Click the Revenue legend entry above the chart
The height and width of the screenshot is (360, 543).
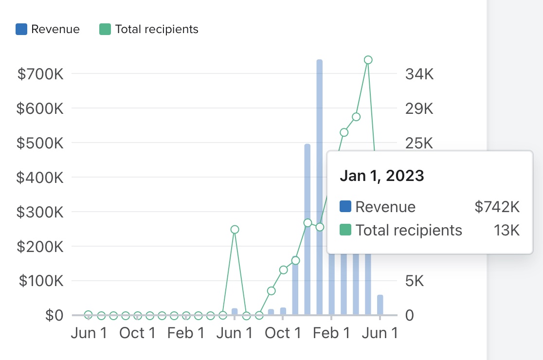[x=48, y=29]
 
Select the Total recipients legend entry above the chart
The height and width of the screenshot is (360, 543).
[x=149, y=29]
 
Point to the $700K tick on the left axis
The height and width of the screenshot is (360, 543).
[x=40, y=74]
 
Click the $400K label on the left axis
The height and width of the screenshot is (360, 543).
[x=40, y=178]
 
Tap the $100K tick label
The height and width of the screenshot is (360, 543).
[x=40, y=281]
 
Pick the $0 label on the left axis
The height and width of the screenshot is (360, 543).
[x=54, y=315]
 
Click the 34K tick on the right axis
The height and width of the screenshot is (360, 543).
[x=419, y=74]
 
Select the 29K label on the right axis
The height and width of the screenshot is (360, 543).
[x=419, y=109]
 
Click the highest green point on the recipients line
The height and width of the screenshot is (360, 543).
[x=368, y=60]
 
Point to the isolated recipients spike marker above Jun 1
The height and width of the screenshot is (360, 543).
[x=235, y=230]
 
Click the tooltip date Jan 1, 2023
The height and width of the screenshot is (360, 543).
[x=382, y=176]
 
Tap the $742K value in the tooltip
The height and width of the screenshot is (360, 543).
[x=497, y=207]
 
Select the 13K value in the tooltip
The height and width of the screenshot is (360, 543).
[x=507, y=230]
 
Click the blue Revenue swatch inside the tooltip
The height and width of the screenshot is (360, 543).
[x=345, y=207]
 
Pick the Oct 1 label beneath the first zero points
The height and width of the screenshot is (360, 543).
[x=138, y=334]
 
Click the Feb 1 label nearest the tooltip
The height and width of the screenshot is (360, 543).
[x=331, y=334]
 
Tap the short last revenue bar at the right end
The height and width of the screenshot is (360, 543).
[x=380, y=305]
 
